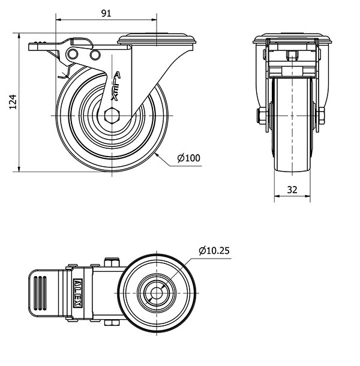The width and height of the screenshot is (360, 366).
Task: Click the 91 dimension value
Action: click(x=106, y=13)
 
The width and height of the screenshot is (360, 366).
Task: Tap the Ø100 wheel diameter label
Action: click(x=188, y=158)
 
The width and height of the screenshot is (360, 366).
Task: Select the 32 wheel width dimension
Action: click(x=292, y=189)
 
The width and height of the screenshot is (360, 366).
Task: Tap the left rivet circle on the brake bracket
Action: click(x=73, y=55)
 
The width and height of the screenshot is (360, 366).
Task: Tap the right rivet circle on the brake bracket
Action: click(x=94, y=55)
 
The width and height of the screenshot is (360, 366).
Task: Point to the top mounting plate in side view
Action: click(x=157, y=40)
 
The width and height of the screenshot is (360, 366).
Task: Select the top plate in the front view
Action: click(x=292, y=41)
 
